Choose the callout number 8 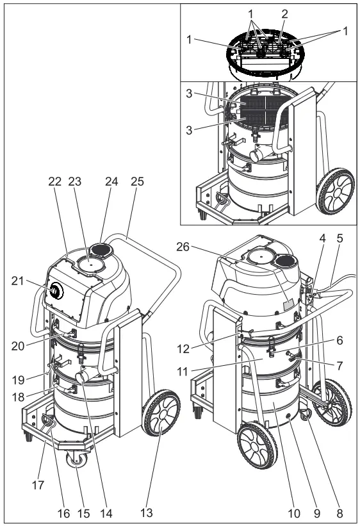click(340, 514)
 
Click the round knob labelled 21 click(56, 292)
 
